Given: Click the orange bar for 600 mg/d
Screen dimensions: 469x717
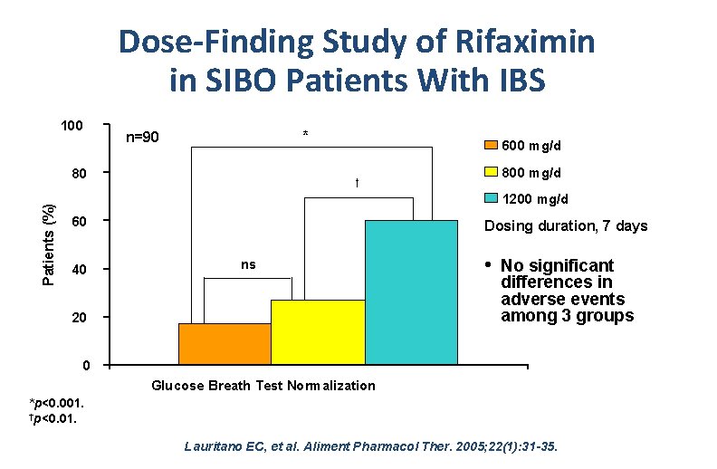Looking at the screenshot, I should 225,344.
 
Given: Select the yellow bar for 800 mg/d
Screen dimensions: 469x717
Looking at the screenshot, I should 318,332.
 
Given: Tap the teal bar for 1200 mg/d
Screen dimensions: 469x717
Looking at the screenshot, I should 411,292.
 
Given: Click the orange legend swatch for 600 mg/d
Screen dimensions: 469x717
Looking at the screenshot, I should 490,146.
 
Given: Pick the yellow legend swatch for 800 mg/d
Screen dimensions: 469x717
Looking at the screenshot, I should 490,172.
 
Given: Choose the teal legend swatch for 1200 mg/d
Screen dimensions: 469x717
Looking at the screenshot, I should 490,198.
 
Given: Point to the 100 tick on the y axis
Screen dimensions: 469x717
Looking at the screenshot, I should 72,125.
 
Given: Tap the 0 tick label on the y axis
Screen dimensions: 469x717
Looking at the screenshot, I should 85,366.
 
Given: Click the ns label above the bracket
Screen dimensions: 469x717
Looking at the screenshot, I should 248,264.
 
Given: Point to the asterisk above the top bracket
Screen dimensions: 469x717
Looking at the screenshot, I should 305,136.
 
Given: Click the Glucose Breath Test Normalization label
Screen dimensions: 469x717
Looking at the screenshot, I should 263,386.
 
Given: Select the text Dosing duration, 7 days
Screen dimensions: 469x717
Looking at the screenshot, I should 566,226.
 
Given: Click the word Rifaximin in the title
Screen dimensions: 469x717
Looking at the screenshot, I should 526,42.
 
